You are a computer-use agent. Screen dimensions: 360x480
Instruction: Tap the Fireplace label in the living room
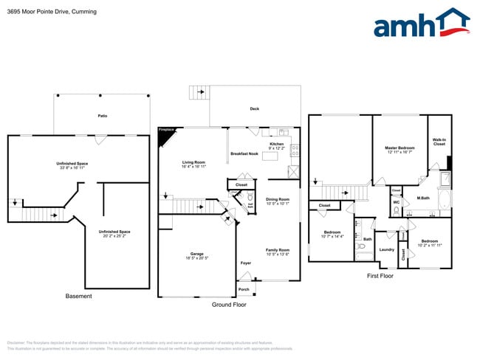(166, 130)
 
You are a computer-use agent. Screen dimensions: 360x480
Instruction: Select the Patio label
(102, 116)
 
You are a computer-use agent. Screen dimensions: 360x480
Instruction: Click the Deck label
(254, 109)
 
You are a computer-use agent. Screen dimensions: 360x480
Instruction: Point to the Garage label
(197, 254)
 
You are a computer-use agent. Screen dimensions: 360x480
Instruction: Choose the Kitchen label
(276, 144)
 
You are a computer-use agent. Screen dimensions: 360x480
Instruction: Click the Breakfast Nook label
(244, 153)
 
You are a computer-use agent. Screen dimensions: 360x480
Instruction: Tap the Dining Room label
(278, 199)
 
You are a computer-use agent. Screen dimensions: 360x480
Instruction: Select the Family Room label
(278, 250)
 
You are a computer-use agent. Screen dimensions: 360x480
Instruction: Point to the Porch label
(244, 289)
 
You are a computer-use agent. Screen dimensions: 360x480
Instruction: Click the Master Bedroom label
(400, 148)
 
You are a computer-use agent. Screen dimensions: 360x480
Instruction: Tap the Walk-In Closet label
(439, 142)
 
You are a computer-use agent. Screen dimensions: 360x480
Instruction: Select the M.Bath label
(423, 198)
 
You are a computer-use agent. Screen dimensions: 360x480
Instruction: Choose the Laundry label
(386, 249)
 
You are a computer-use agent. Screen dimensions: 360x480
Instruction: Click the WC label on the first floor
(397, 202)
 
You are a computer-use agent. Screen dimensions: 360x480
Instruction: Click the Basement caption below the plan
(79, 296)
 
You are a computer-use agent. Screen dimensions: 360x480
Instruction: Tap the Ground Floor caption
(228, 304)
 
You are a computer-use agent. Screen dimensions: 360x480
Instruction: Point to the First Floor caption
(380, 276)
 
